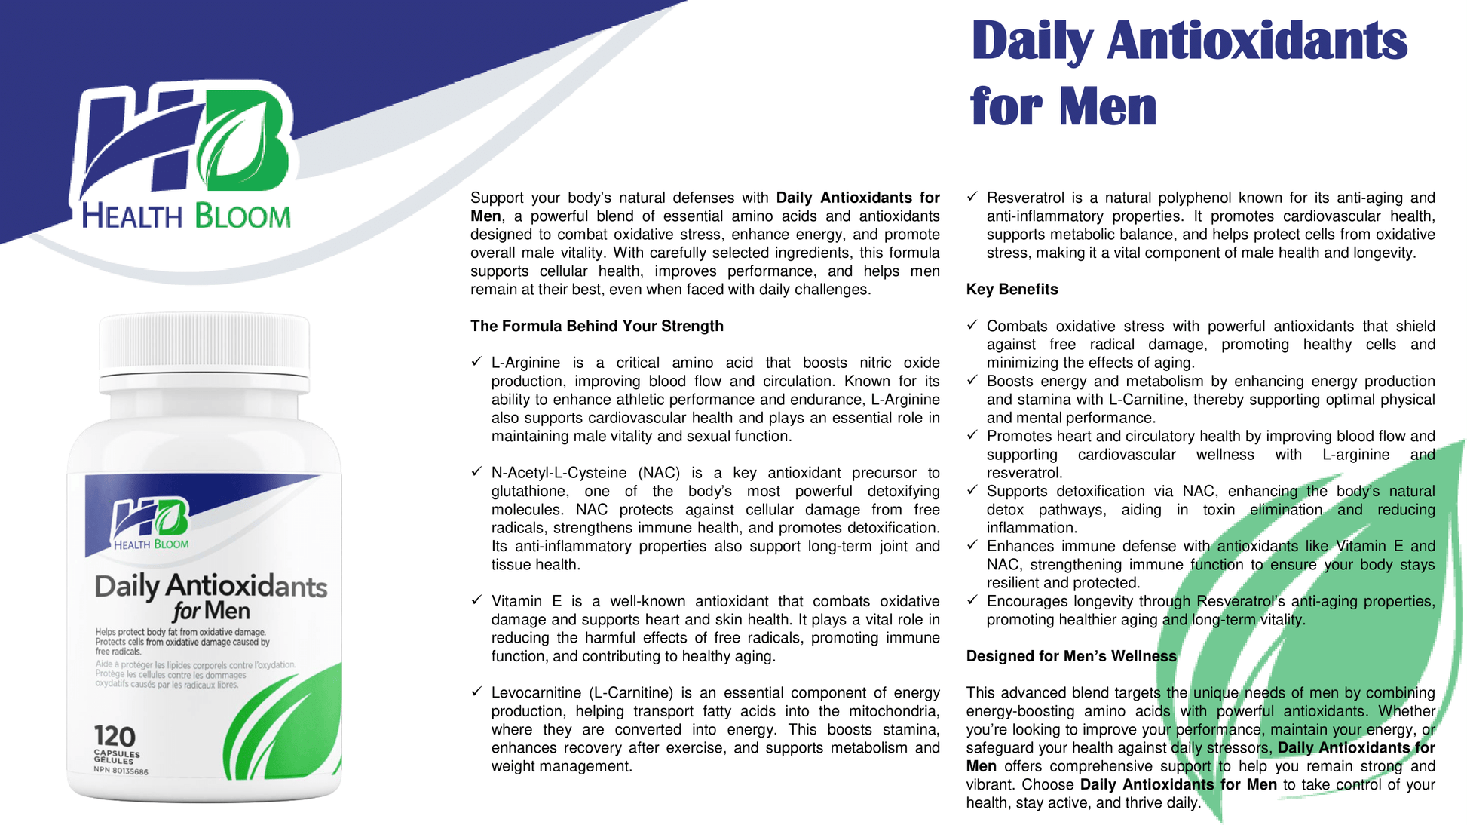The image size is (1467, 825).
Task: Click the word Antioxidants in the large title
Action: coord(1257,41)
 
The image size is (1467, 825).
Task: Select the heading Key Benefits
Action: coord(1012,290)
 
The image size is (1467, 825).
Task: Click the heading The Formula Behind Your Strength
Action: coord(596,327)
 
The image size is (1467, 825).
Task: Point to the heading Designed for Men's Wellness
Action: coord(1070,656)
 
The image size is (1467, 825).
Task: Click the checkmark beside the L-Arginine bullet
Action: coord(476,362)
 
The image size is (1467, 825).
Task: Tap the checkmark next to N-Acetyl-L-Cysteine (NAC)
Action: coord(476,472)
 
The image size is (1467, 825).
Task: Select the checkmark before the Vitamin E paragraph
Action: coord(476,600)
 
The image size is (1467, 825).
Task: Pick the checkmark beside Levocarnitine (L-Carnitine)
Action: coord(476,692)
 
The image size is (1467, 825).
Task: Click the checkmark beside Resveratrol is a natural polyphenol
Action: coord(972,197)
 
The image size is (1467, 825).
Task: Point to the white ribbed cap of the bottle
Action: coord(204,343)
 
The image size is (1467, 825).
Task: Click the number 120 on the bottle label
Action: coord(115,736)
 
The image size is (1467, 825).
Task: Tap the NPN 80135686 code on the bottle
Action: coord(121,771)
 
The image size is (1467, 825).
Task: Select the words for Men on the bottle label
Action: coord(211,610)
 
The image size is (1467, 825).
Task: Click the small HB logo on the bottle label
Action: coord(151,518)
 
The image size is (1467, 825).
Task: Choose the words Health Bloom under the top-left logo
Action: coord(185,216)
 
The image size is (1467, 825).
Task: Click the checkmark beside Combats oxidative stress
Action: coord(972,325)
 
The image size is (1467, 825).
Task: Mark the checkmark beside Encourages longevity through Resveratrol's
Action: coord(972,600)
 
